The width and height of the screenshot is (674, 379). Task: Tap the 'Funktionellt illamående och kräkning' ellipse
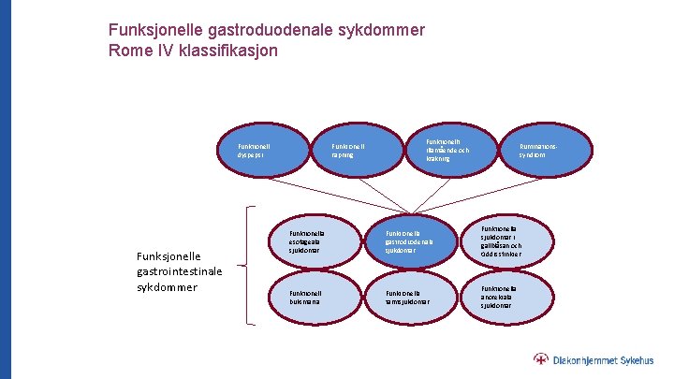pyautogui.click(x=447, y=150)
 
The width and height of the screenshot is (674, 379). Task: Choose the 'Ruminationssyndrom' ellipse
pyautogui.click(x=544, y=150)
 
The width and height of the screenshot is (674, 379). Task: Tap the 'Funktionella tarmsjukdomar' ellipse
pyautogui.click(x=409, y=298)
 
